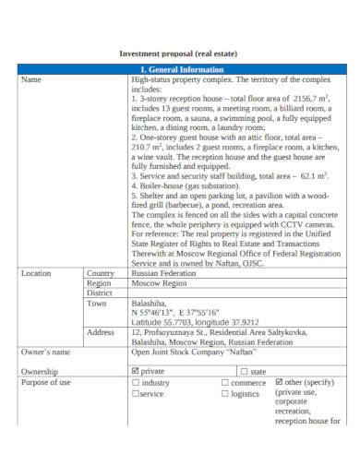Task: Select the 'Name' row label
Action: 31,79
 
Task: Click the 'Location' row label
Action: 36,273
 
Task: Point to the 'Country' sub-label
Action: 101,273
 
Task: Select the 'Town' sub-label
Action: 96,303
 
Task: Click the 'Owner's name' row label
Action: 45,352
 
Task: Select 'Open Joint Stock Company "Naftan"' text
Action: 193,352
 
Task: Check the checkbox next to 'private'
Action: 136,371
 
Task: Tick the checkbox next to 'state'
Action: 244,371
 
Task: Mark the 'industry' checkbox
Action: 136,381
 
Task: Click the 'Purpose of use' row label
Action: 46,381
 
